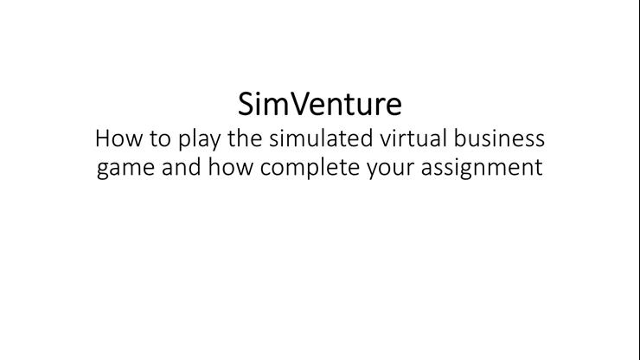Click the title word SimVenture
click(320, 104)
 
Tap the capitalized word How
click(115, 138)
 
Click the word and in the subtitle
click(178, 166)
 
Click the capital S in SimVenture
click(246, 105)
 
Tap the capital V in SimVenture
click(295, 105)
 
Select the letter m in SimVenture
click(274, 106)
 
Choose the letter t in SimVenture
click(354, 105)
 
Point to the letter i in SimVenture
click(259, 104)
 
